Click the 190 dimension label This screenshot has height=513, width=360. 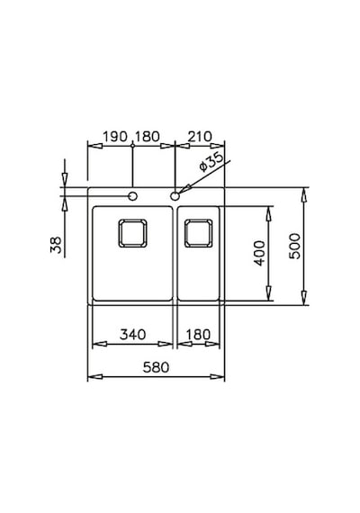point(115,137)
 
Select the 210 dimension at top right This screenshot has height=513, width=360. point(200,137)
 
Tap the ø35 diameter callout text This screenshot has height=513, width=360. point(211,162)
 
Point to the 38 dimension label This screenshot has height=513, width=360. point(56,245)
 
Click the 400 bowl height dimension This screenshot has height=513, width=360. point(259,253)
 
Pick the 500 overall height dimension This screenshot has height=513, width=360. point(295,246)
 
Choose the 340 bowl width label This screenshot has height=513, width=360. point(132,335)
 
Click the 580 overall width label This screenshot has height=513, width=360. point(156,367)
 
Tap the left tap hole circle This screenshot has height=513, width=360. point(132,196)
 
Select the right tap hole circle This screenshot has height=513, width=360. point(175,196)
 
